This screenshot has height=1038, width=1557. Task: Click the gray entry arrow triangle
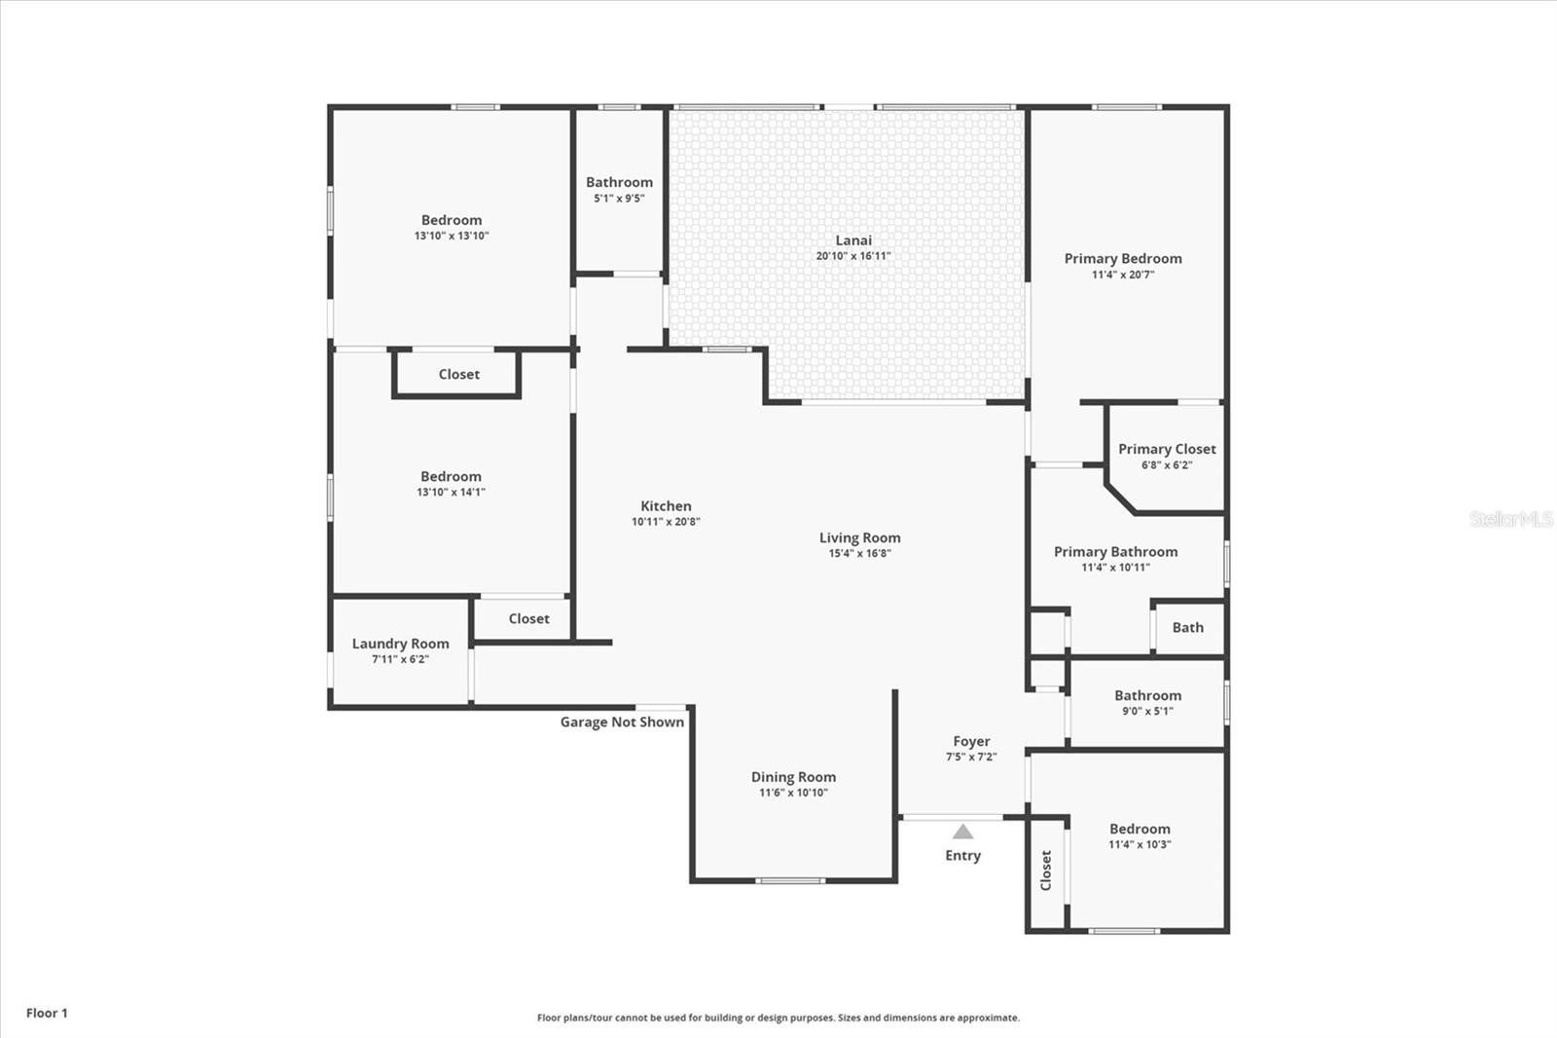(962, 832)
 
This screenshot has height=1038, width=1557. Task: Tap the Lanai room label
(853, 240)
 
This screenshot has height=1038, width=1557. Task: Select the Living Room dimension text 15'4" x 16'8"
(860, 554)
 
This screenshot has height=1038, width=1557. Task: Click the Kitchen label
(666, 505)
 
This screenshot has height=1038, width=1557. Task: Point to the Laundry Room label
(400, 644)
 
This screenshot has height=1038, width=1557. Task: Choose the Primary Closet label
(1167, 450)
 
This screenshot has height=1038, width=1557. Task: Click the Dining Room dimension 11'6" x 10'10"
(794, 793)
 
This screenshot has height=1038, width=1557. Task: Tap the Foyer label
(972, 742)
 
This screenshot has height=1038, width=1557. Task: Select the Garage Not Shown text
(622, 723)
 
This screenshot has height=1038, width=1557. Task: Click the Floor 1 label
(48, 1013)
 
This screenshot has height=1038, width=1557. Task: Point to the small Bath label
(1188, 627)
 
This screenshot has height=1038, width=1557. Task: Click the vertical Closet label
(1045, 871)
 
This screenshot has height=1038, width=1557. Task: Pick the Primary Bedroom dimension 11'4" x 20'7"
(1123, 275)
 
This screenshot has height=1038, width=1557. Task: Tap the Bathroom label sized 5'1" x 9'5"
(619, 182)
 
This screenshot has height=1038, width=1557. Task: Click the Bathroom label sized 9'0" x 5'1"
(1148, 695)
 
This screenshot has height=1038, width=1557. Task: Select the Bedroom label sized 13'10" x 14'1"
(452, 476)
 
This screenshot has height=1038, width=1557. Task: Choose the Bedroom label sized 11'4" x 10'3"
(1140, 830)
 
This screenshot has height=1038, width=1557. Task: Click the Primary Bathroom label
(1115, 552)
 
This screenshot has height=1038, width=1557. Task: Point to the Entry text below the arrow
(962, 856)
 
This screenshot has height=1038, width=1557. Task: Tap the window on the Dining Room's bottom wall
(791, 881)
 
